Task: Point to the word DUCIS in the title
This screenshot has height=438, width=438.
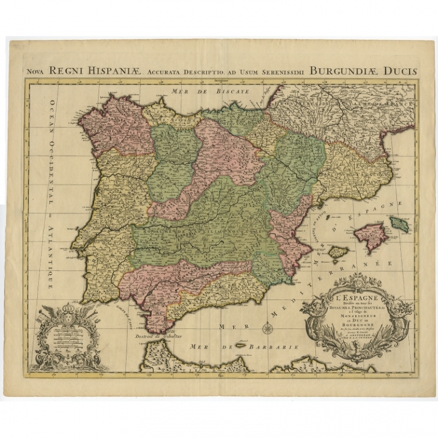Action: [x=401, y=71]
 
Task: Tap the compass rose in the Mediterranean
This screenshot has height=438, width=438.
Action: [x=267, y=328]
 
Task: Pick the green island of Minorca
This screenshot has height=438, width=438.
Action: [x=400, y=224]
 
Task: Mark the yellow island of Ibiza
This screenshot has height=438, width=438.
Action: [x=339, y=252]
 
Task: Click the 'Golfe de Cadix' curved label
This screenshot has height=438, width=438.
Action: [x=127, y=313]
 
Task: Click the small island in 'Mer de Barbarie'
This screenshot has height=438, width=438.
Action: [x=240, y=346]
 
